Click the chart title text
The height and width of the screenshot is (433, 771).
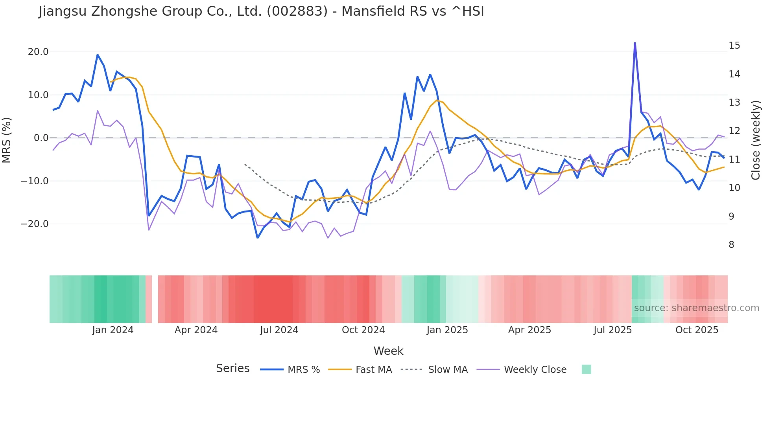(261, 11)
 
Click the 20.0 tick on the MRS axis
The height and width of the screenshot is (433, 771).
(38, 52)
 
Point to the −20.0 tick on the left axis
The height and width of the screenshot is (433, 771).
(35, 224)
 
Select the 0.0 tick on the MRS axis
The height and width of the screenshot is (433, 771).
(41, 138)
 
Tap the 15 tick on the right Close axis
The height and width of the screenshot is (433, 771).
(734, 46)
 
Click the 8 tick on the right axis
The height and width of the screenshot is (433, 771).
(731, 245)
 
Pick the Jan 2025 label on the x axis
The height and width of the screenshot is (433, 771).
(447, 330)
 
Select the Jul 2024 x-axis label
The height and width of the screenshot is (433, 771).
(279, 330)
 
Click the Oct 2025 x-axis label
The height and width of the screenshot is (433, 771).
(697, 330)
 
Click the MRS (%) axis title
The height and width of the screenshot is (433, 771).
(7, 140)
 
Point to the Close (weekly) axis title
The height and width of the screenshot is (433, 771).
(755, 140)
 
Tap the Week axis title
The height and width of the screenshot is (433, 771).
(388, 351)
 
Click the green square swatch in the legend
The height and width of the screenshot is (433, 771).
(586, 369)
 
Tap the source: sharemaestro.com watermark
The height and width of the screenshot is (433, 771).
(696, 308)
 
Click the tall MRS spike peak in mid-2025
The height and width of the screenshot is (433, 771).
(635, 43)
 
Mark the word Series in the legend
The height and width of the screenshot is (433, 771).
(232, 369)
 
